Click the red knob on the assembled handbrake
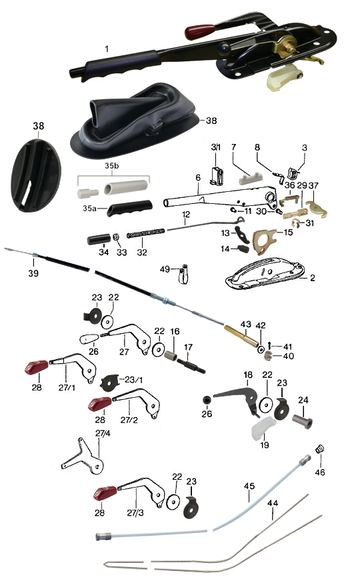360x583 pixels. click(200, 32)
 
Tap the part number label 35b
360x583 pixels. click(111, 165)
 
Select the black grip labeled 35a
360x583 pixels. click(129, 208)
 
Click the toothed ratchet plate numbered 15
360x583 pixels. click(265, 241)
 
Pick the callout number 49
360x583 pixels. click(165, 269)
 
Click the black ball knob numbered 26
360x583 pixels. click(207, 400)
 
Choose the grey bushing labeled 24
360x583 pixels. click(302, 421)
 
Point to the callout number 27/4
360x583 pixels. click(103, 434)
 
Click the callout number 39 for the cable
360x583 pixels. click(33, 273)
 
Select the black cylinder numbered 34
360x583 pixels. click(99, 239)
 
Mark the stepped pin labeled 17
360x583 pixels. click(191, 366)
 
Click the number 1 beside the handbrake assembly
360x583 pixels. click(107, 49)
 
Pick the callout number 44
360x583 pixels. click(273, 502)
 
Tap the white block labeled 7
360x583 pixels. click(250, 179)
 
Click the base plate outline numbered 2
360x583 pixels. click(265, 273)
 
